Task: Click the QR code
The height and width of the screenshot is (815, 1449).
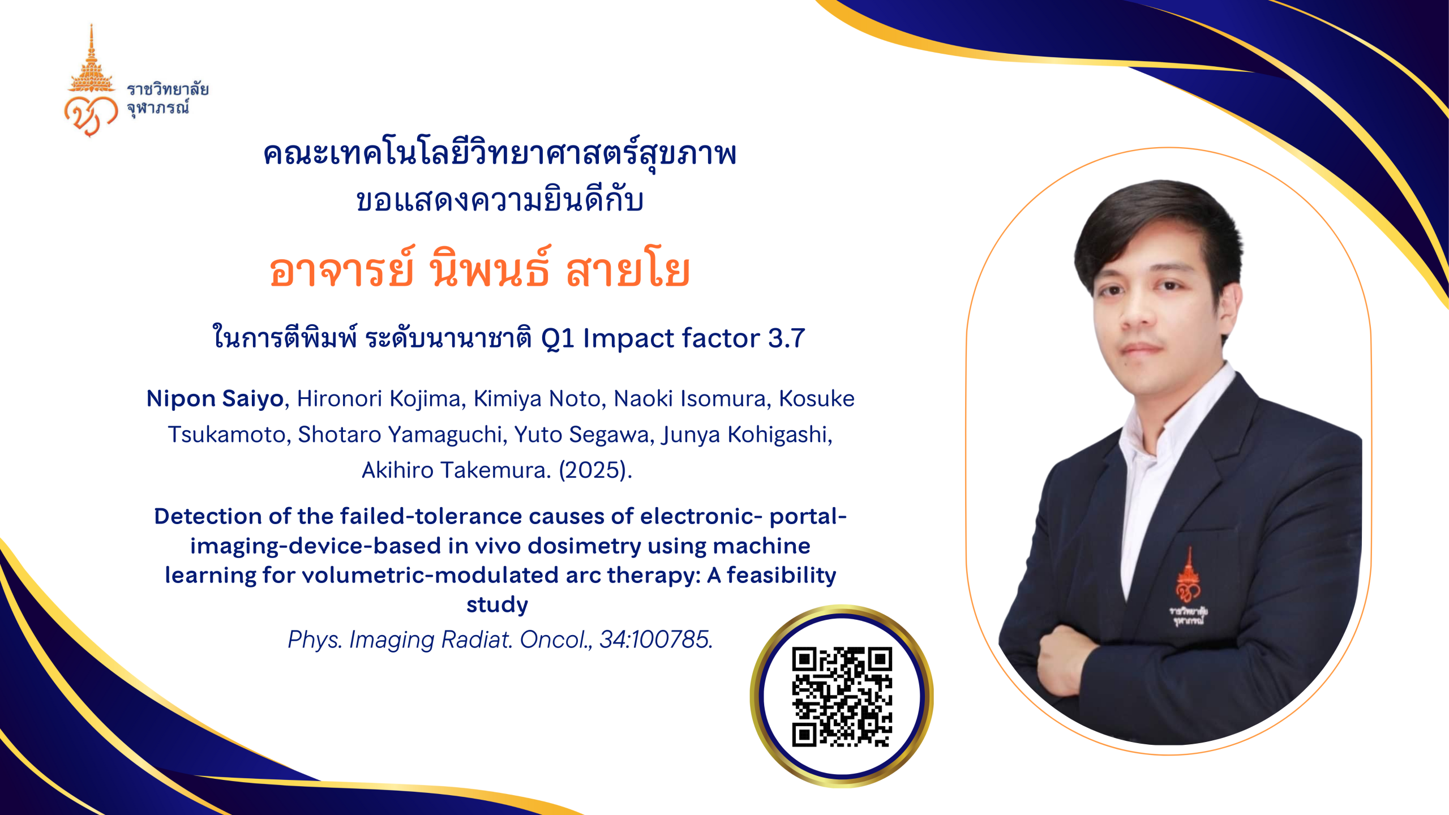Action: point(842,697)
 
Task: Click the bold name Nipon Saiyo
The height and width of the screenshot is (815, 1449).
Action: point(215,398)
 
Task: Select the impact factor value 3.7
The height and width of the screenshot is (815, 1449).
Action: point(786,338)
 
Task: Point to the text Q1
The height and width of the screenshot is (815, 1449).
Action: point(558,339)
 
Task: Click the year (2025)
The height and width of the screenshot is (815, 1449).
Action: point(595,470)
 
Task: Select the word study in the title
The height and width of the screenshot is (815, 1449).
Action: point(497,605)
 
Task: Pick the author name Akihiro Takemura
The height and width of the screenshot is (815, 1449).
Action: point(456,470)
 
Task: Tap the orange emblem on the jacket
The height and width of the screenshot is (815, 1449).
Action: point(1188,586)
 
